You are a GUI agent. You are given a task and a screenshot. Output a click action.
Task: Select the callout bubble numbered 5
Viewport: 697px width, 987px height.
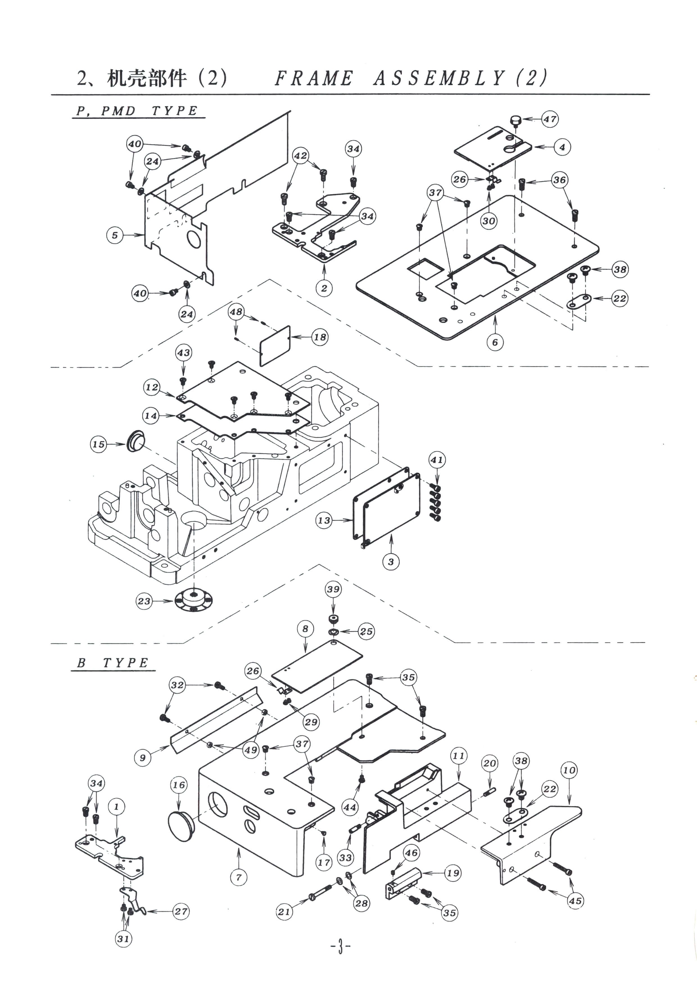(115, 235)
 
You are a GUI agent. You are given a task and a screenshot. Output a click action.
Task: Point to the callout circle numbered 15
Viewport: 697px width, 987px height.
(98, 444)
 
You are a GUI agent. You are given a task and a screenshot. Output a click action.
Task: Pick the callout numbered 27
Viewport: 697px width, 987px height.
(181, 911)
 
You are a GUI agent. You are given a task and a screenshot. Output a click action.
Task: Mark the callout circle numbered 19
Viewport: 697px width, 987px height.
(453, 873)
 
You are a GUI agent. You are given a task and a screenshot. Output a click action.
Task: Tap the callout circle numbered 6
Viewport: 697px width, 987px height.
(495, 342)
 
